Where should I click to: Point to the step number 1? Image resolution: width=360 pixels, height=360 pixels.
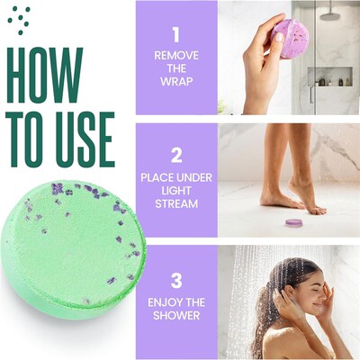coord(175,35)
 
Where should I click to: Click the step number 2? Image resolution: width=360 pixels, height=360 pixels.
coord(175,154)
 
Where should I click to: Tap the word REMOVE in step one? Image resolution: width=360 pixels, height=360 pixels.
coord(176,55)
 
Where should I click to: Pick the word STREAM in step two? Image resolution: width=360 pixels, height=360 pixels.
coord(176,205)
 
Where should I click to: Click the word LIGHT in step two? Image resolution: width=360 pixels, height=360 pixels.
coord(176,192)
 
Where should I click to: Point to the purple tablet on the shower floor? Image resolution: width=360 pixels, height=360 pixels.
coord(293,221)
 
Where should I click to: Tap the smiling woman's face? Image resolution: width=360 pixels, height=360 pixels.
coord(303,292)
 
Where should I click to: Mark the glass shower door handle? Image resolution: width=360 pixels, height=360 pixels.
coord(311,93)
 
